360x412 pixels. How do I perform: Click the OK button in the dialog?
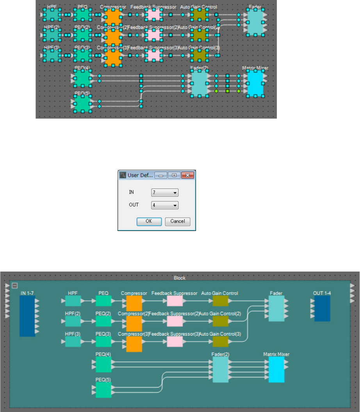click(x=149, y=221)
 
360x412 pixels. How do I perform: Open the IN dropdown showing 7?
click(x=164, y=192)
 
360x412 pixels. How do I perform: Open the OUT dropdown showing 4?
click(x=164, y=205)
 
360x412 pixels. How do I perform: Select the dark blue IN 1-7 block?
click(x=27, y=316)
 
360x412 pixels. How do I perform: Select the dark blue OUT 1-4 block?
click(x=322, y=308)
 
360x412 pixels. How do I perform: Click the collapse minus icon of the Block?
click(x=15, y=285)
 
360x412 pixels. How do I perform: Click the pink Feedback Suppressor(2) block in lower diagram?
click(x=175, y=321)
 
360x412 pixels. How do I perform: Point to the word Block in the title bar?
click(x=180, y=278)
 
